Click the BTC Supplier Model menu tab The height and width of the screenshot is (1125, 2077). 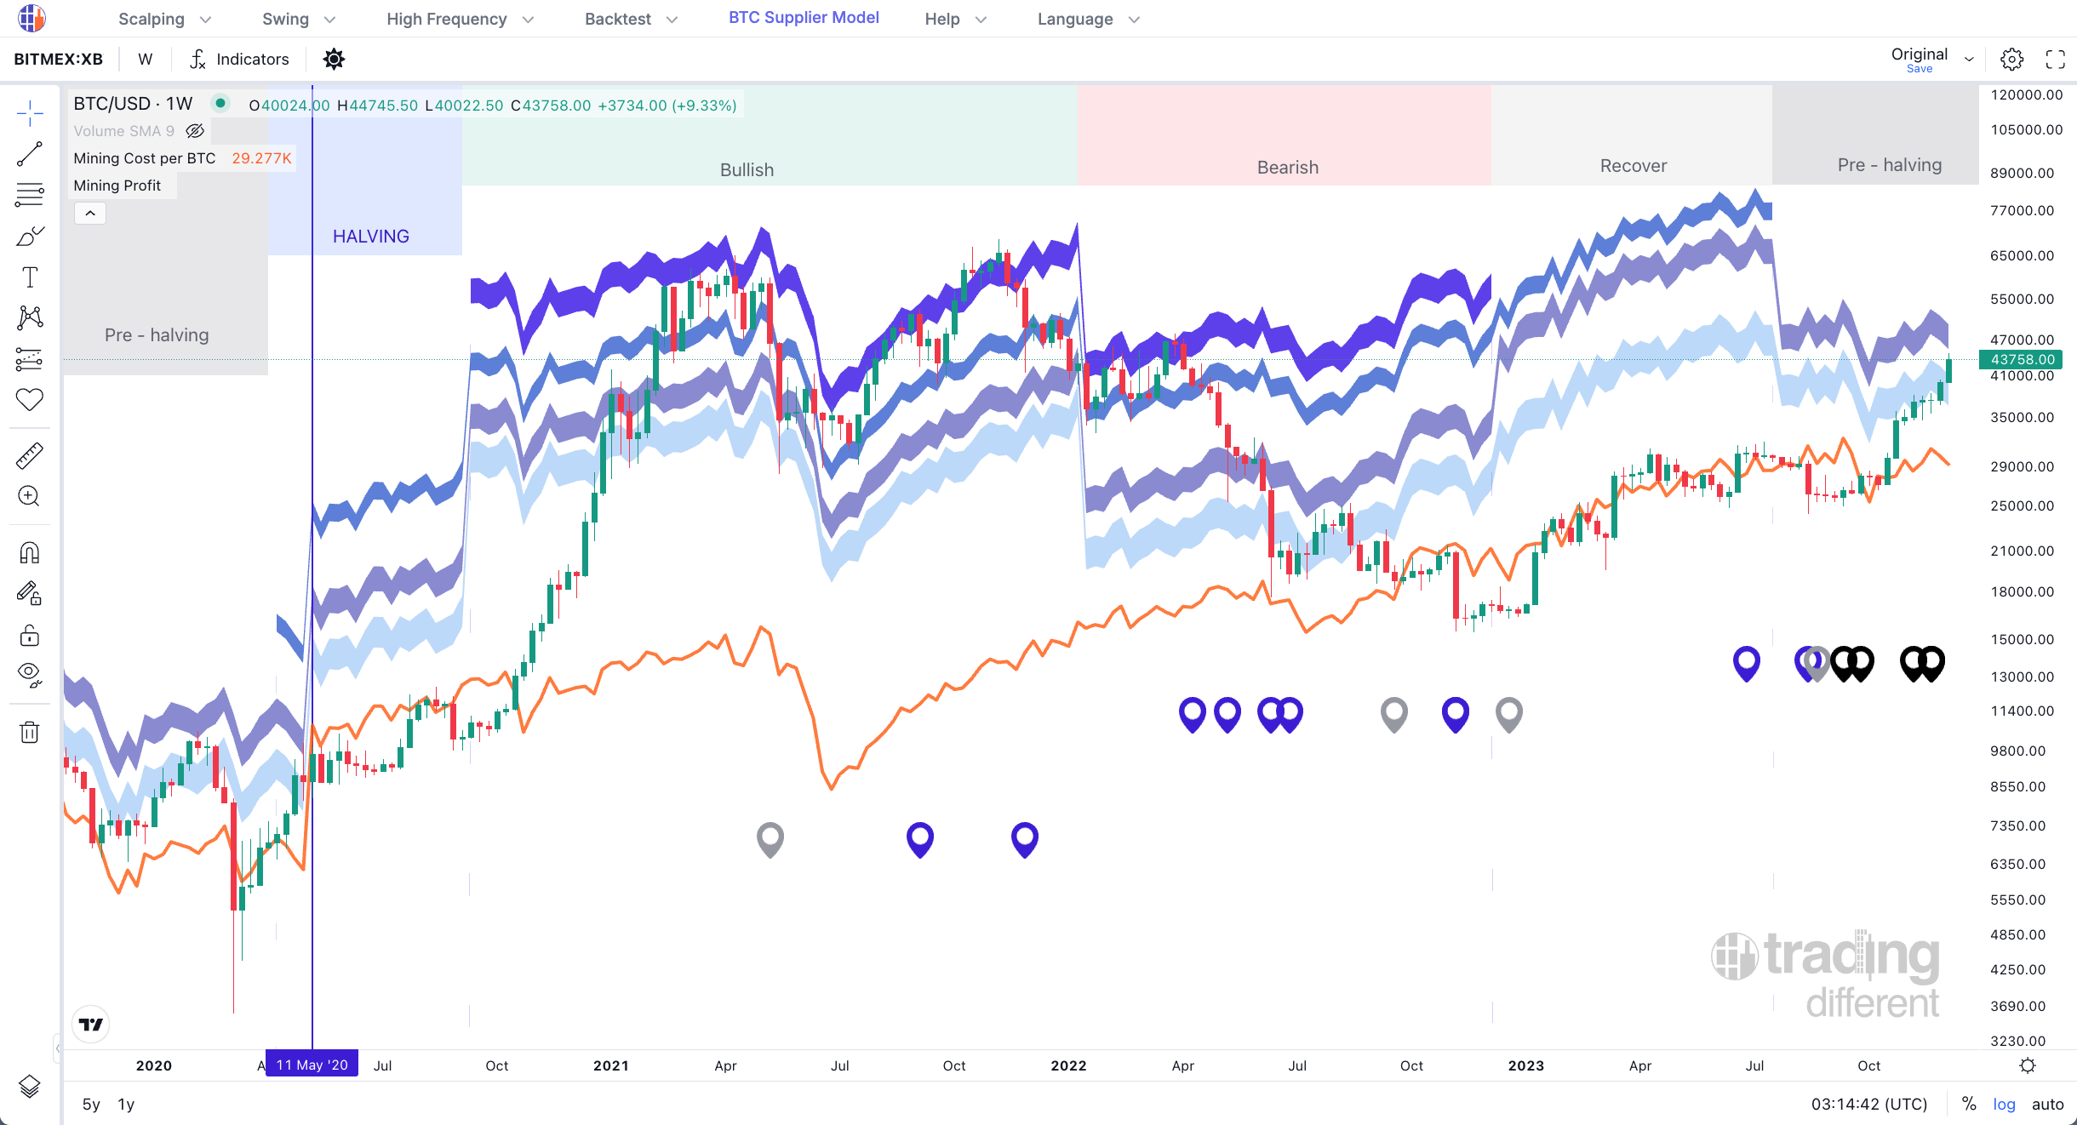tap(804, 18)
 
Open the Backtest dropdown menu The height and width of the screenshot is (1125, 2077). tap(631, 19)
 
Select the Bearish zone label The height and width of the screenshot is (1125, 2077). tap(1287, 168)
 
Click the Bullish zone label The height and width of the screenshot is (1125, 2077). tap(747, 170)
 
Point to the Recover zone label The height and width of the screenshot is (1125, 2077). tap(1633, 166)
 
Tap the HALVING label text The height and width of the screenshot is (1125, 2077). tap(370, 237)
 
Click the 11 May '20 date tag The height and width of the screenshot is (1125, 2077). tap(312, 1065)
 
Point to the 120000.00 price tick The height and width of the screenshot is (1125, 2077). tap(2026, 94)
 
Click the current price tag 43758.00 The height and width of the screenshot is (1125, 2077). tap(2023, 359)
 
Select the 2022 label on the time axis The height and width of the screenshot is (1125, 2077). tap(1068, 1065)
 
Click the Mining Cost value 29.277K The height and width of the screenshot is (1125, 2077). tap(261, 158)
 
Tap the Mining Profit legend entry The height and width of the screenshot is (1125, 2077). tap(117, 186)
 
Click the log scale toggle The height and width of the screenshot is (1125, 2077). tap(2004, 1104)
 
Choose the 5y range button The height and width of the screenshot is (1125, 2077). tap(91, 1104)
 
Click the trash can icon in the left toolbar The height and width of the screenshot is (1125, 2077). tap(30, 732)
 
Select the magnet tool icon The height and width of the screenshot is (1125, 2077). tap(30, 553)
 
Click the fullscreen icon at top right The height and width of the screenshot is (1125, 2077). tap(2055, 59)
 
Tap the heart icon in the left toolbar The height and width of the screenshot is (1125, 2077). tap(30, 399)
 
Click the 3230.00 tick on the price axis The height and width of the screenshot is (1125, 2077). tap(2017, 1041)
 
